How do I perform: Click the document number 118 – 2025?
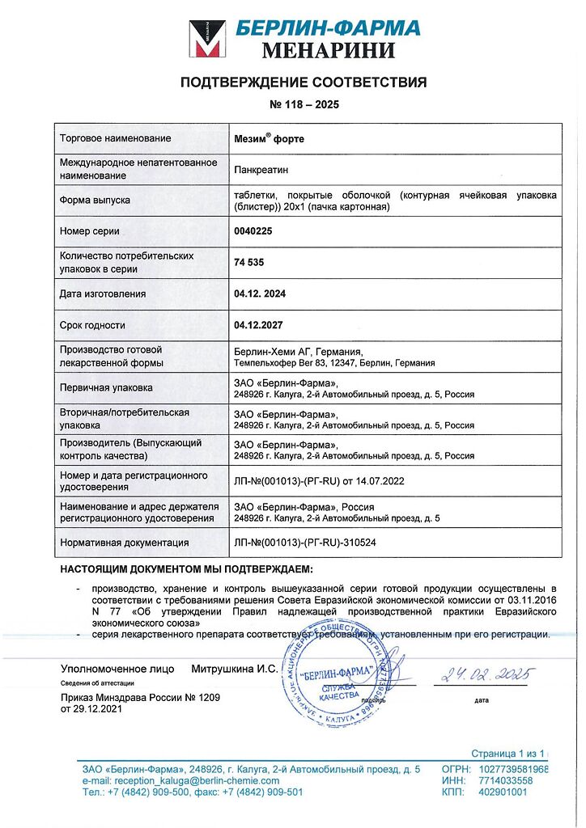coord(304,105)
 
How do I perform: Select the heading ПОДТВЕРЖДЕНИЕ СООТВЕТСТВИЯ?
coord(303,82)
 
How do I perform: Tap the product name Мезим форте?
coord(269,138)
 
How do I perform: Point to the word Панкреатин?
coord(261,169)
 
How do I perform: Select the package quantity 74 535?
coord(249,263)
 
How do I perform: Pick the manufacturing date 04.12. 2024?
coord(259,294)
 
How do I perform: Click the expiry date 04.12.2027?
coord(259,325)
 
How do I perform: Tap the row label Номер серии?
coord(90,231)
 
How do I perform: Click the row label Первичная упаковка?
coord(106,387)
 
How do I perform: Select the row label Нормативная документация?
coord(124,543)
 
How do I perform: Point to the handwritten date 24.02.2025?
coord(481,673)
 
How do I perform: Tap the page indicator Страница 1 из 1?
coord(509,753)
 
